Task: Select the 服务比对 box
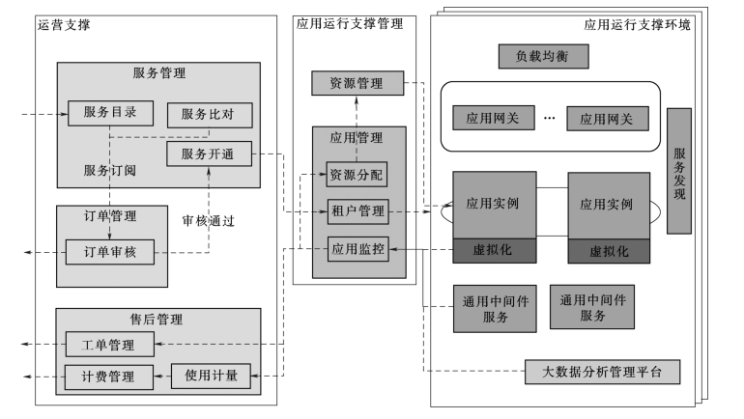209,114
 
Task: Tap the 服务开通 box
209,154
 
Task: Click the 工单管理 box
107,345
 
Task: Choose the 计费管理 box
107,376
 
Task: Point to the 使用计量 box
211,376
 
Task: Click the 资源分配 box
356,175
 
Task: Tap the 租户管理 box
357,209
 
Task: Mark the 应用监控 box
357,248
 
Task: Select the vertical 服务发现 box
679,170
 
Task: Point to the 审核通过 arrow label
209,220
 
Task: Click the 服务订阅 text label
110,170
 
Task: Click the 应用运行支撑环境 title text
638,24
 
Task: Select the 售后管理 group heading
157,320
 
